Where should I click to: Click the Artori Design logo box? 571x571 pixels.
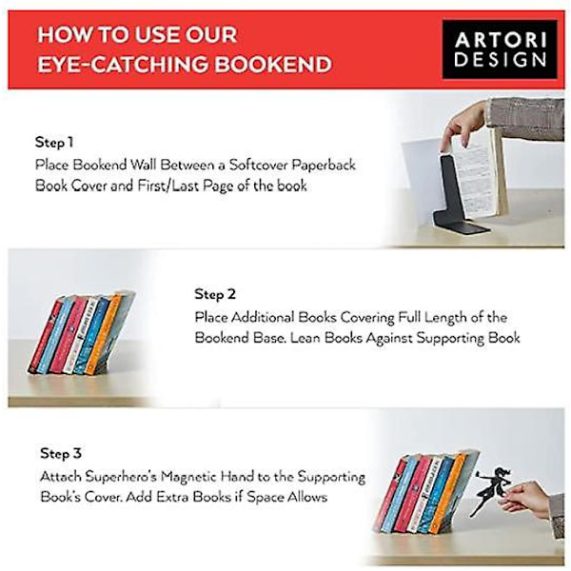[500, 49]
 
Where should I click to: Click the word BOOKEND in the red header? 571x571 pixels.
[273, 65]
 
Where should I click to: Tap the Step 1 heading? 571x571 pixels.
[54, 142]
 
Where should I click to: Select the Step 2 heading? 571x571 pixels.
[215, 294]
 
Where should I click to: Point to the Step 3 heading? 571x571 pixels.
[61, 453]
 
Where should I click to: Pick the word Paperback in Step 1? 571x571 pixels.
[324, 166]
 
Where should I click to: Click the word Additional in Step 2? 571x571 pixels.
[263, 317]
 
